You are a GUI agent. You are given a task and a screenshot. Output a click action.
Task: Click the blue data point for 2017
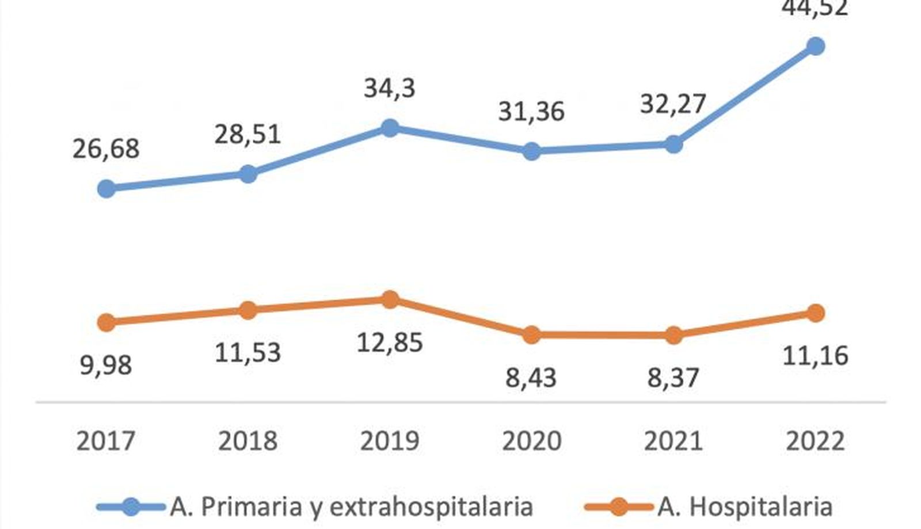click(106, 188)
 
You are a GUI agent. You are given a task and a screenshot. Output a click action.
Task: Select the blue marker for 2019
click(390, 128)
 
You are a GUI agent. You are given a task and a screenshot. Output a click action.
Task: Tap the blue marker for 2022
click(815, 46)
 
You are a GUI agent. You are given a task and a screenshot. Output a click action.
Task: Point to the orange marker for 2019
click(390, 299)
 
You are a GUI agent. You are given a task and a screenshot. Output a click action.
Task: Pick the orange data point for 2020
click(531, 334)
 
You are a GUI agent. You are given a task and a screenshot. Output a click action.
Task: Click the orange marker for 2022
click(815, 313)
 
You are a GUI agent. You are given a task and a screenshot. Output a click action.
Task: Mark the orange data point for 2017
click(106, 322)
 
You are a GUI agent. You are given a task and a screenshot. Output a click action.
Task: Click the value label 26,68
click(106, 149)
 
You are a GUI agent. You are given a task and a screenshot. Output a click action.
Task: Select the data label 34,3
click(390, 89)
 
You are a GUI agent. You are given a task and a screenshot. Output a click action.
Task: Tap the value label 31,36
click(531, 111)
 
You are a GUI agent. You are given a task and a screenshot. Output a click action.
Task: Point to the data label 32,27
click(673, 104)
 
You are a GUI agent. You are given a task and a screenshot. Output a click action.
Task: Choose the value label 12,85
click(390, 342)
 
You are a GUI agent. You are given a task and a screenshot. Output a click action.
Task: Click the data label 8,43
click(531, 378)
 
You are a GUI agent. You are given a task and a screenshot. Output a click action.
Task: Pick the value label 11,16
click(815, 356)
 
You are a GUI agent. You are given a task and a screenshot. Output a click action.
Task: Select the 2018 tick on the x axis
click(248, 441)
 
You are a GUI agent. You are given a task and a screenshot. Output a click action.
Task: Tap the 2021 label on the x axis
click(673, 441)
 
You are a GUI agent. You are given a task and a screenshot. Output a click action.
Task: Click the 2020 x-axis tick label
click(531, 441)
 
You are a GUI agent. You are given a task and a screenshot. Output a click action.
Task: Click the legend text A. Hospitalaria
click(744, 507)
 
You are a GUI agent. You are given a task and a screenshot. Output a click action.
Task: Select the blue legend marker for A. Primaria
click(132, 507)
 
